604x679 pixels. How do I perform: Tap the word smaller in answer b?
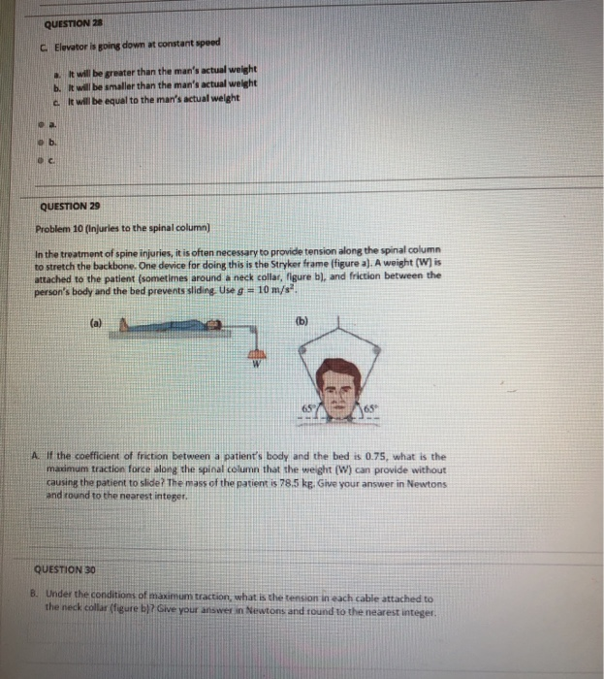coord(122,85)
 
